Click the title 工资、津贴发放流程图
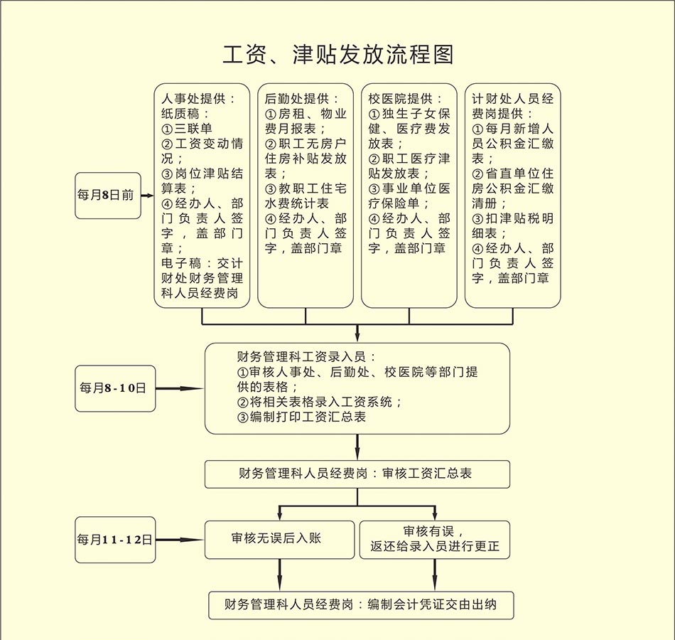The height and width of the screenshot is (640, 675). [x=337, y=55]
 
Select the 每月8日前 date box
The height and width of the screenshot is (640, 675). [x=108, y=195]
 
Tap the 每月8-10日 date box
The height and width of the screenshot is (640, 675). [x=114, y=388]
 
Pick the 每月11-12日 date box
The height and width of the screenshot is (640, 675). [x=114, y=540]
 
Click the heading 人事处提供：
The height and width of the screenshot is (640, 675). [x=198, y=98]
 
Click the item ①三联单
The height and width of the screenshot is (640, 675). [x=187, y=129]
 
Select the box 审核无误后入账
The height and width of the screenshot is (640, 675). [x=279, y=539]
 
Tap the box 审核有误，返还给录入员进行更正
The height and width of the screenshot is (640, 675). [x=435, y=540]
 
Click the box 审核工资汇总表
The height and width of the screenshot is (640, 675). [x=357, y=474]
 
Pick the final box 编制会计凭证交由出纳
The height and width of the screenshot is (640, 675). [x=360, y=605]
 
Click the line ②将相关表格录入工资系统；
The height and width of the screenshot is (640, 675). [x=320, y=402]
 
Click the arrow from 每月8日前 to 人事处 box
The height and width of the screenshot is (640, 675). [x=147, y=195]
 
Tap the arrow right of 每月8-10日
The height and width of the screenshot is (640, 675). [x=179, y=388]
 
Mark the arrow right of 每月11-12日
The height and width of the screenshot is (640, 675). [x=179, y=540]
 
